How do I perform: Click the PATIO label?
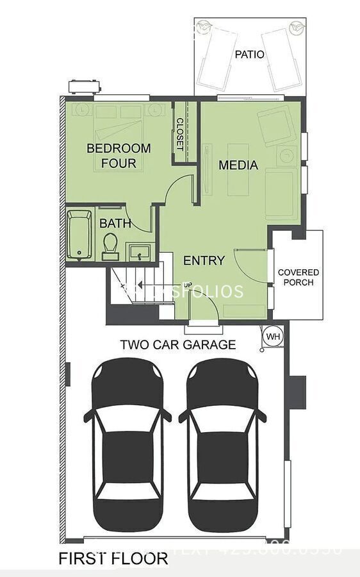click(x=249, y=54)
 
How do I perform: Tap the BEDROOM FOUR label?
click(x=119, y=156)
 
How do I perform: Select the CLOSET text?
click(x=180, y=134)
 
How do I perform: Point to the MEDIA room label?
click(x=238, y=165)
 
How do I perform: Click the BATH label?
click(x=115, y=224)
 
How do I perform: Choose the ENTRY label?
click(x=204, y=260)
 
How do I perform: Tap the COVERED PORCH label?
click(x=298, y=277)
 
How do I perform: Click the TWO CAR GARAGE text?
click(x=177, y=344)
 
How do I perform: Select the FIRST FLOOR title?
click(x=113, y=558)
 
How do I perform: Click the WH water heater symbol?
click(x=273, y=336)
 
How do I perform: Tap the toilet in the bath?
click(x=110, y=245)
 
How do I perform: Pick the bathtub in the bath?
click(x=79, y=234)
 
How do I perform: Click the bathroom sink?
click(x=138, y=251)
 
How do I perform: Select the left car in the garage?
click(x=127, y=443)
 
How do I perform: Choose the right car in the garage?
click(x=222, y=443)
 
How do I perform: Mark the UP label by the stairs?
click(x=188, y=285)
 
